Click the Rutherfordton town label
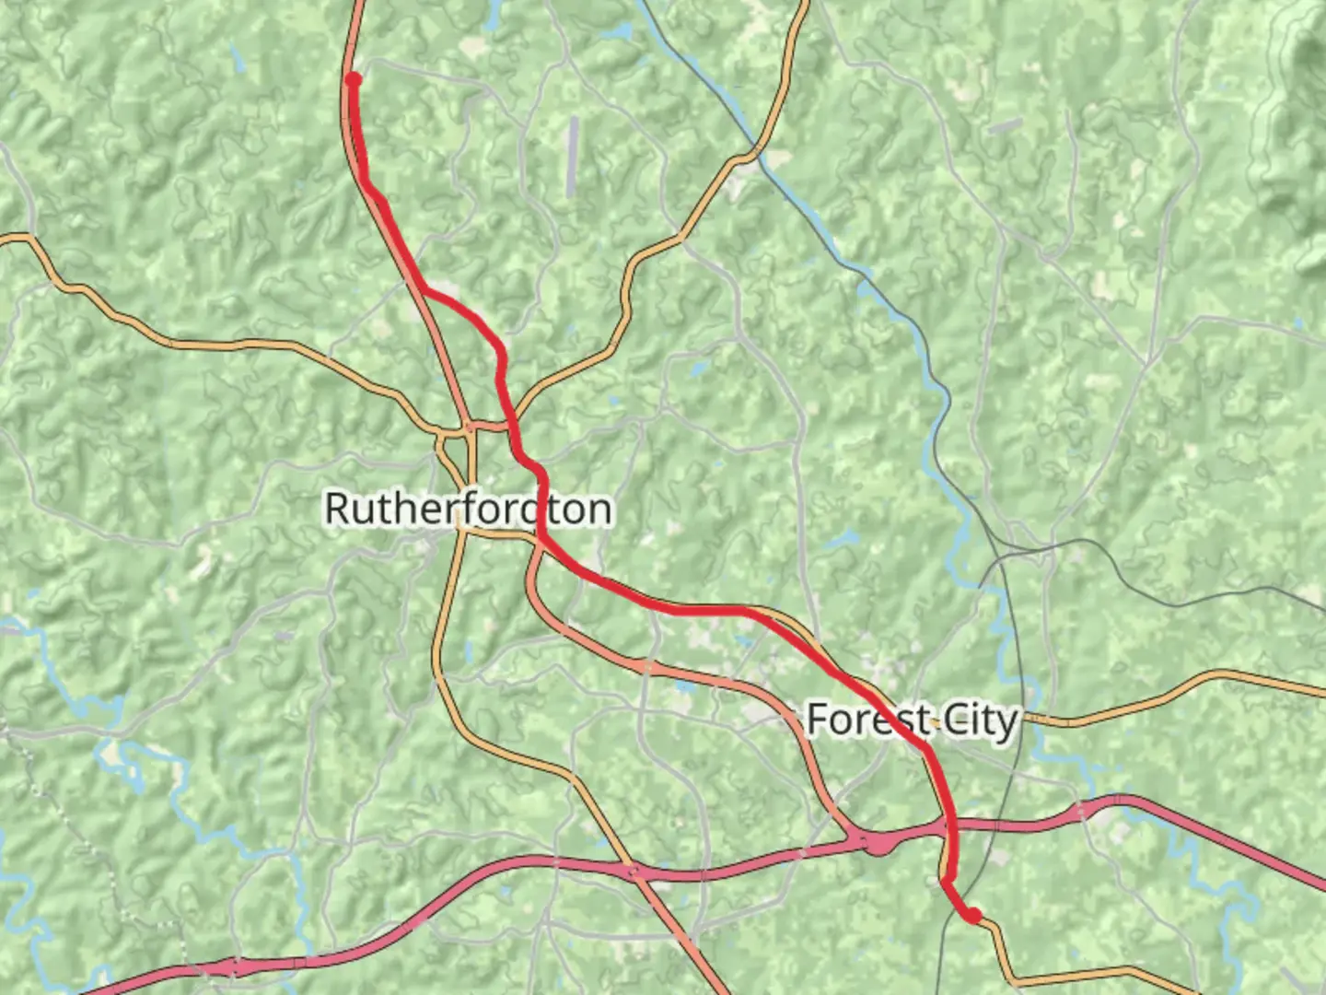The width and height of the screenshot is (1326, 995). (468, 509)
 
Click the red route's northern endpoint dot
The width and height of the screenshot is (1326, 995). (353, 80)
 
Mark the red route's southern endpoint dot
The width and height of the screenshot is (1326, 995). (972, 915)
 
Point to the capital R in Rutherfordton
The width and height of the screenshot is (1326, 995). (339, 509)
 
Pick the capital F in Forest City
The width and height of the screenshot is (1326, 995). (818, 720)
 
